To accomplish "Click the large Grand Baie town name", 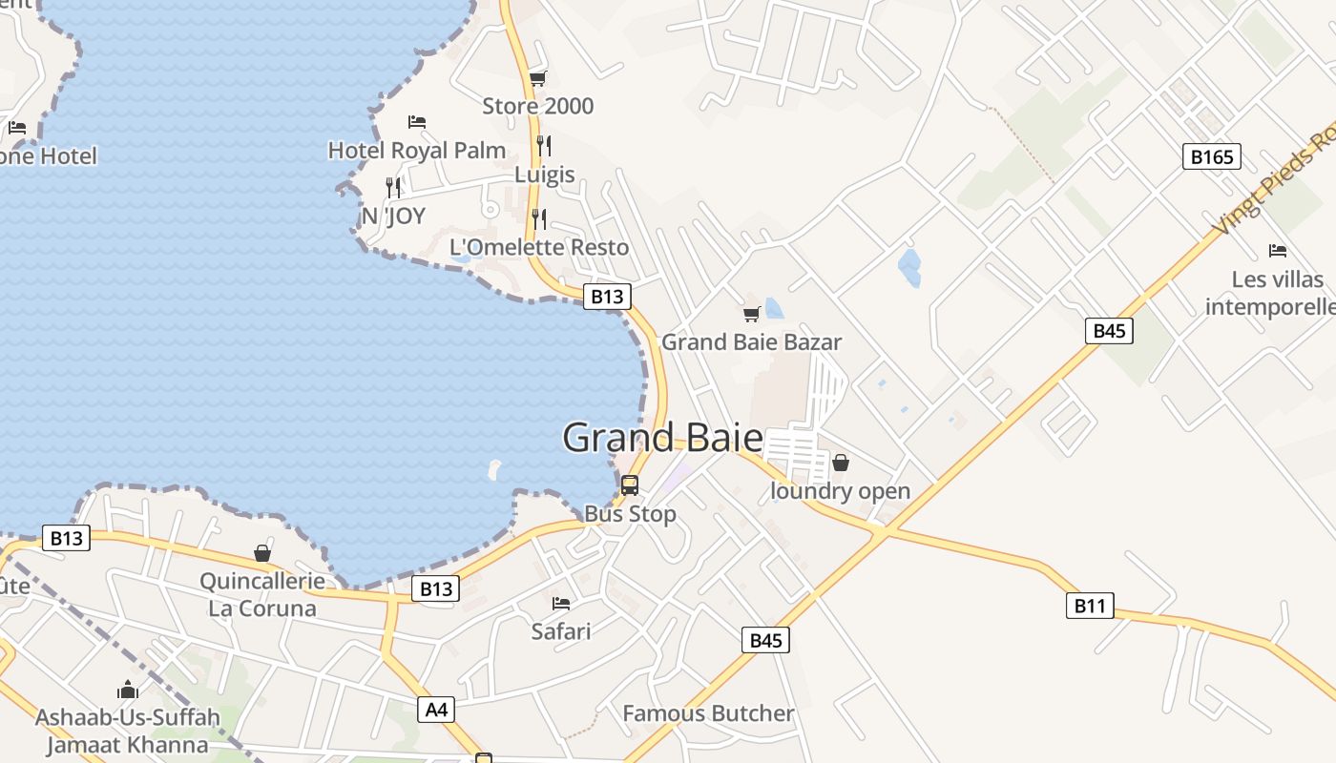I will point(662,439).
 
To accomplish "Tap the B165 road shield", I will point(1212,156).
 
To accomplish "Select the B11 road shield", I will point(1089,605).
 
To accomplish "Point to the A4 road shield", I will point(436,710).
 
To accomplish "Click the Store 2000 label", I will point(537,106).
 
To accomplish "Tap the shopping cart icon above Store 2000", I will point(538,78).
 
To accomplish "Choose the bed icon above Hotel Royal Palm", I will point(417,122).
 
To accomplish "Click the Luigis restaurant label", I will point(545,175).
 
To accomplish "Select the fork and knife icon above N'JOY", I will point(393,187).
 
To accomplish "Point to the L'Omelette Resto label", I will point(539,247).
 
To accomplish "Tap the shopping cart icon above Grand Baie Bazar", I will point(752,314).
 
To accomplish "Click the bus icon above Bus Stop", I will point(630,485).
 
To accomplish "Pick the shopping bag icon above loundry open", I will point(841,464).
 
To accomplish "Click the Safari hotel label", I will point(561,630).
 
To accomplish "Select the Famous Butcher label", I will point(708,713).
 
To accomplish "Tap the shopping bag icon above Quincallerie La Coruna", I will point(262,553).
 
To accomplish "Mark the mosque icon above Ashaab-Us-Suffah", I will point(128,690).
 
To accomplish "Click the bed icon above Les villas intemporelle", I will point(1278,251).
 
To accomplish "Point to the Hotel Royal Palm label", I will point(417,150).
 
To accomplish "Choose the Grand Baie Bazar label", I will point(752,341).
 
